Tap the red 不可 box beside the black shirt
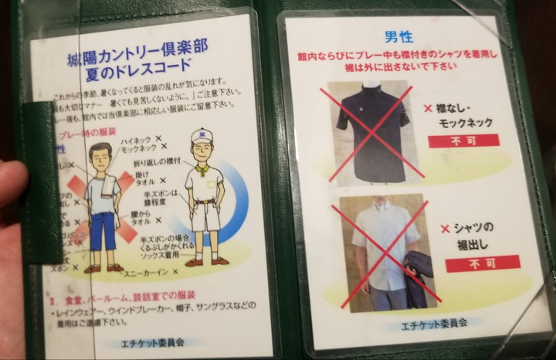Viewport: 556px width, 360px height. [x=463, y=141]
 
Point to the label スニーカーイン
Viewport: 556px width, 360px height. [x=147, y=273]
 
